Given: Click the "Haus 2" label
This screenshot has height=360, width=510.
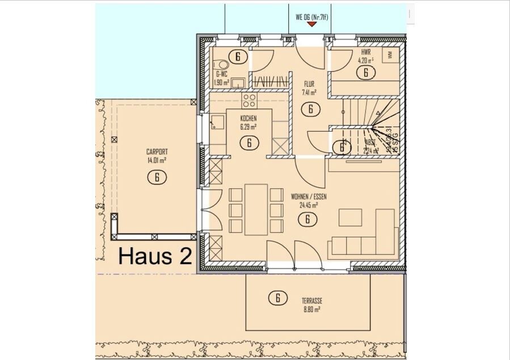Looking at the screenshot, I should tap(154, 256).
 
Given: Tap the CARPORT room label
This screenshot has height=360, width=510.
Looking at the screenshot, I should tap(157, 152).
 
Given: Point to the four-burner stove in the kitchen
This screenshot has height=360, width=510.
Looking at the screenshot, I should tap(249, 100).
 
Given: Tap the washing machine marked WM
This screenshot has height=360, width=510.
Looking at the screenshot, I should tap(390, 56).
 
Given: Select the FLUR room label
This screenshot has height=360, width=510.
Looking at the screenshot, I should tap(309, 84).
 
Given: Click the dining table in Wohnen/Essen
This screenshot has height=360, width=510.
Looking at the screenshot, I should tap(256, 209).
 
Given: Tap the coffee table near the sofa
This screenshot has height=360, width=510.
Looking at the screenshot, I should tap(350, 218).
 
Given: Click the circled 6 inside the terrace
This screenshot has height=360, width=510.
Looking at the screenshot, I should tap(277, 297).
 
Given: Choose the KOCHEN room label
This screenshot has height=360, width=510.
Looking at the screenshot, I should tap(248, 118).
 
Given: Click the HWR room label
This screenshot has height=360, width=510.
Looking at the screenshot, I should tap(365, 51).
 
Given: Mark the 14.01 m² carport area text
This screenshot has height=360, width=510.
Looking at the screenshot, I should tap(157, 160).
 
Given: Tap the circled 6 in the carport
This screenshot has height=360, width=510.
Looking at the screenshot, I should tap(157, 177).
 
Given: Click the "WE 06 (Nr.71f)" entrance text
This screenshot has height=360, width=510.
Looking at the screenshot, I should tap(312, 17).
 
